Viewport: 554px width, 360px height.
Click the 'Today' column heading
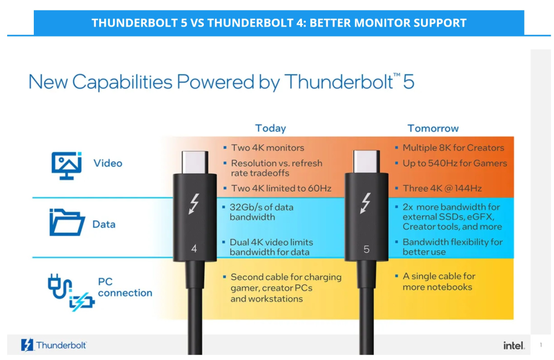[270, 128]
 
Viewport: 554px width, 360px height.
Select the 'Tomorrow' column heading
[433, 128]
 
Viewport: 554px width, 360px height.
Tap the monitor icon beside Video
[66, 166]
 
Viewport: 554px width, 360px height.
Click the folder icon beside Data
[67, 222]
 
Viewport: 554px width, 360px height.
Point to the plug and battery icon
[71, 292]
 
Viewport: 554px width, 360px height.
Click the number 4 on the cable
[194, 249]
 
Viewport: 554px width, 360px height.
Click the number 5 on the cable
[366, 249]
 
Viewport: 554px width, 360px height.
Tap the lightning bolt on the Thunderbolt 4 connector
[193, 204]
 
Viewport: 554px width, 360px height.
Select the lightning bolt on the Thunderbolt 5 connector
[366, 203]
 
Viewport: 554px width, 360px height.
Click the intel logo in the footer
[514, 346]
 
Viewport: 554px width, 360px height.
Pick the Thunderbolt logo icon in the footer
[27, 345]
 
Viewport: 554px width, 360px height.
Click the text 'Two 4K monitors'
[268, 148]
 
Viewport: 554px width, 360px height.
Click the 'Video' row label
[108, 163]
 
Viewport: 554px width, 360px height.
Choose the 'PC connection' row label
[125, 287]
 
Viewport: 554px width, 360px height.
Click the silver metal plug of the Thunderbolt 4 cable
[194, 162]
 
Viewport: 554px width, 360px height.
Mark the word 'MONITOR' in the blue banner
[379, 23]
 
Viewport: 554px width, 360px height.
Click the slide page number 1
[541, 345]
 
